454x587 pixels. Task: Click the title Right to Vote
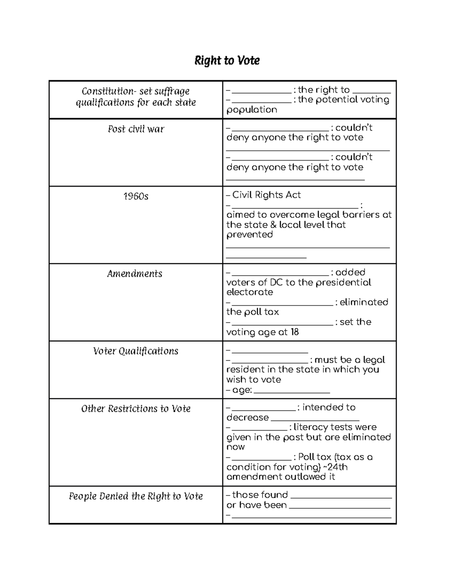tap(227, 60)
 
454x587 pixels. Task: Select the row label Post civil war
tap(136, 129)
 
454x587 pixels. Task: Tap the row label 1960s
tap(136, 197)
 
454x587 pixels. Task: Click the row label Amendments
tap(135, 274)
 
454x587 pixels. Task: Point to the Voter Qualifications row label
tap(135, 351)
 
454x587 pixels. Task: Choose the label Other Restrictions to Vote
tap(136, 409)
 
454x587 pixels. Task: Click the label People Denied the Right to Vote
tap(136, 496)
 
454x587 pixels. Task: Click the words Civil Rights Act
tap(266, 195)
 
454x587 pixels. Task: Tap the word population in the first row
tap(252, 110)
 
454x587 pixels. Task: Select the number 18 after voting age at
tap(294, 332)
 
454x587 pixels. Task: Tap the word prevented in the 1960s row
tap(249, 235)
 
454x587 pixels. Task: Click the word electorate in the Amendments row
tap(249, 292)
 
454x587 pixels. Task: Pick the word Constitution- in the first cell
tap(109, 91)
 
